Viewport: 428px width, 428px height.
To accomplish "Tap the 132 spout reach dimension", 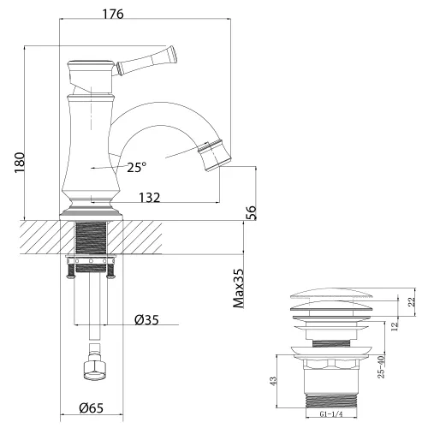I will click(149, 198).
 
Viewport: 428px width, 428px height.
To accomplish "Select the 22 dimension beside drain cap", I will click(413, 301).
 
